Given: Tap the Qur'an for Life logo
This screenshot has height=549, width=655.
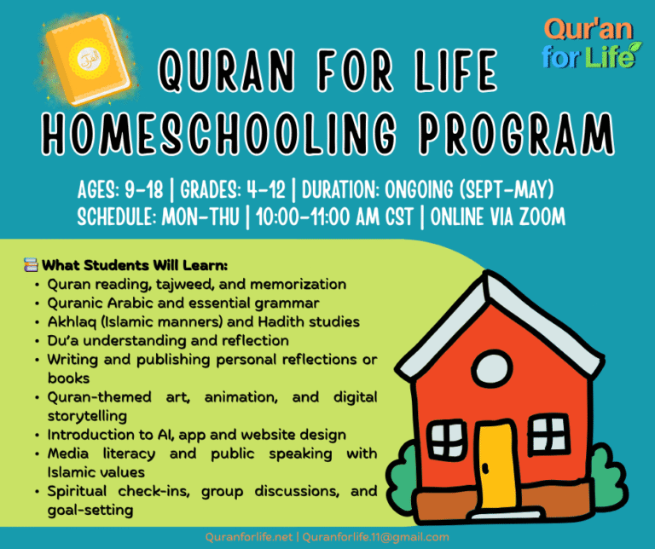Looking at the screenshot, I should tap(589, 43).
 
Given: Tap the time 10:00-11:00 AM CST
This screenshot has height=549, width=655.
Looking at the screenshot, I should tap(333, 217).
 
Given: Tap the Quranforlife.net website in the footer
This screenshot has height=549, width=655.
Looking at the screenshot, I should tap(251, 537).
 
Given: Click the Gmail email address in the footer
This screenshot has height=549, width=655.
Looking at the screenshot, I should tap(376, 537).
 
